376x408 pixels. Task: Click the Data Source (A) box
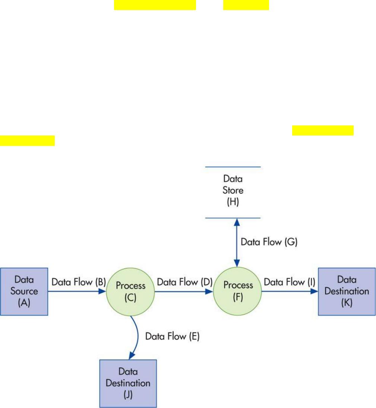(x=24, y=292)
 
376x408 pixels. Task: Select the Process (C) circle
(x=130, y=292)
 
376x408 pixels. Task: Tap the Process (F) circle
(x=237, y=292)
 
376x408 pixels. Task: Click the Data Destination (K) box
(x=347, y=292)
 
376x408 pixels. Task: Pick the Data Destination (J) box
(x=128, y=383)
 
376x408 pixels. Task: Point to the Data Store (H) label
(x=233, y=190)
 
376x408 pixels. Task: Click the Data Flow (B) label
(x=79, y=282)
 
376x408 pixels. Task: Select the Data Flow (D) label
(x=185, y=282)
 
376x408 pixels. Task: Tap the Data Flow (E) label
(x=172, y=336)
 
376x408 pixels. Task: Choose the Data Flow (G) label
(x=269, y=242)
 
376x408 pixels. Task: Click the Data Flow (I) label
(x=290, y=282)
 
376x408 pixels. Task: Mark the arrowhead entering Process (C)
(x=102, y=291)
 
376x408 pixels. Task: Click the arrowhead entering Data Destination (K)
(x=315, y=291)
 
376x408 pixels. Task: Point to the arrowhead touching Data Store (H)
(x=237, y=222)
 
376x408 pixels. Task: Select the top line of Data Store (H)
(x=233, y=167)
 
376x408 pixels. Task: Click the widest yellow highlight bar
(x=155, y=5)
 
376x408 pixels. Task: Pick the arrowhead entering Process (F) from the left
(x=209, y=292)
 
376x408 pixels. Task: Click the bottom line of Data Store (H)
(x=233, y=218)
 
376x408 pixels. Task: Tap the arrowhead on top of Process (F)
(x=237, y=263)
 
